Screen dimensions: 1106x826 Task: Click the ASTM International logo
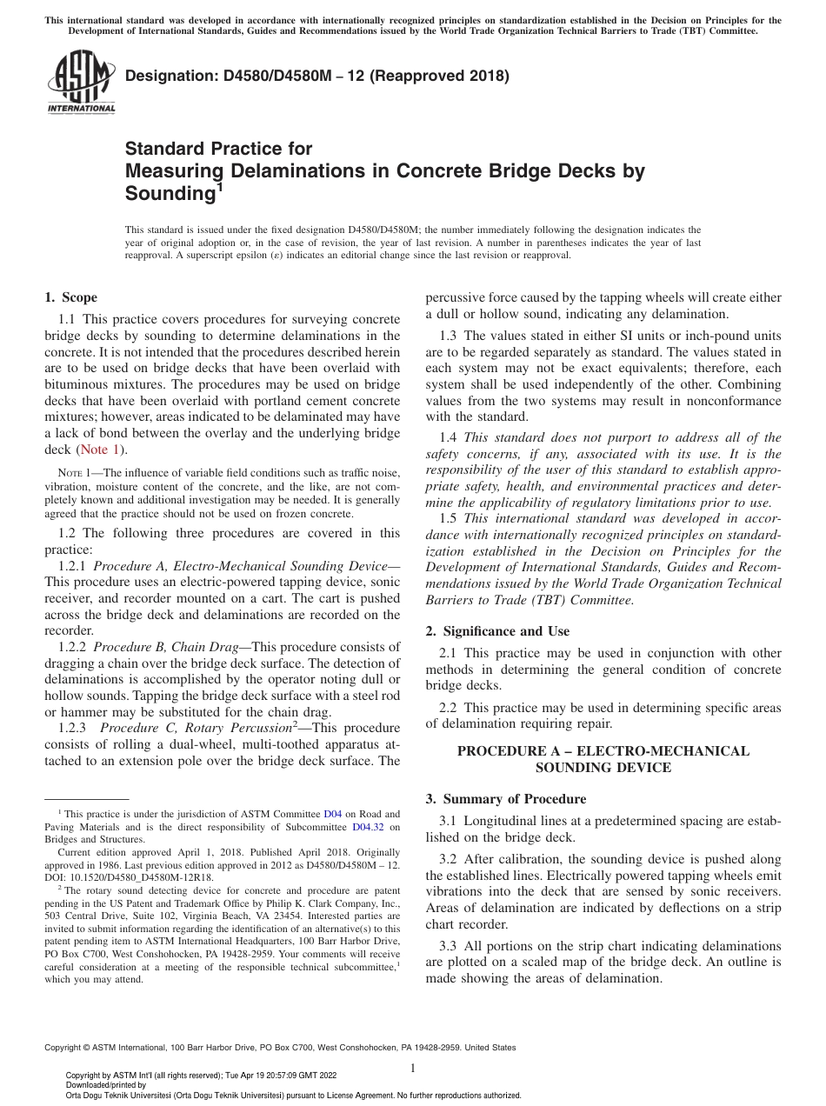pyautogui.click(x=81, y=82)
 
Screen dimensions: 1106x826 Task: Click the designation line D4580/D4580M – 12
pyautogui.click(x=317, y=76)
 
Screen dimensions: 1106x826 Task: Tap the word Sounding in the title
pyautogui.click(x=170, y=192)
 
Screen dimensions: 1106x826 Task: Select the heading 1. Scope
pyautogui.click(x=71, y=297)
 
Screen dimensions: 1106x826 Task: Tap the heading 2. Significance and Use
pyautogui.click(x=497, y=631)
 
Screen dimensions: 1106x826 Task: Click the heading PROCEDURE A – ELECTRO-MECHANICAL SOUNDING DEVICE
pyautogui.click(x=603, y=759)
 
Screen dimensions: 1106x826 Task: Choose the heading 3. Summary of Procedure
pyautogui.click(x=506, y=798)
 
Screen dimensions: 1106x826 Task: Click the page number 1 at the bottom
pyautogui.click(x=413, y=1068)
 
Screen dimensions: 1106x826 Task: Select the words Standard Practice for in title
pyautogui.click(x=218, y=149)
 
